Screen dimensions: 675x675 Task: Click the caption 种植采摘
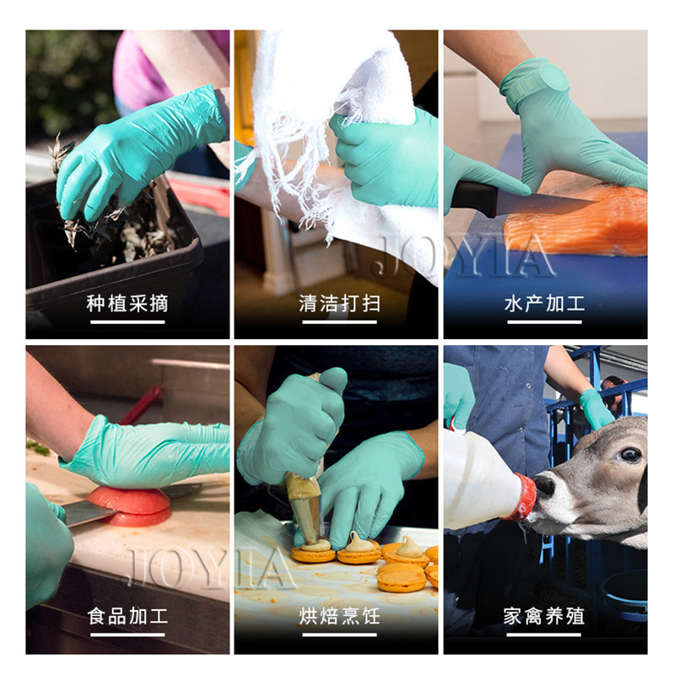point(127,304)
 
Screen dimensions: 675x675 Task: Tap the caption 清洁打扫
point(340,304)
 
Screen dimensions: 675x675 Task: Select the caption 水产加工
point(544,304)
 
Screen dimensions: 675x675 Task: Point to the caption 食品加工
point(127,616)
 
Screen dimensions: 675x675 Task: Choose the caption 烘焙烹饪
point(340,616)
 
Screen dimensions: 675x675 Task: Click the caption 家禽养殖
point(544,616)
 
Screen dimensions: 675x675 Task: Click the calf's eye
point(630,455)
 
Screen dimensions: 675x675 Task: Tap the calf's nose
point(544,484)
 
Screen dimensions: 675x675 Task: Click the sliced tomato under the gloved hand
point(130,505)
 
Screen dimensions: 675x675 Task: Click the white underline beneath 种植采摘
point(127,322)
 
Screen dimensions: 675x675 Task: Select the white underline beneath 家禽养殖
point(544,634)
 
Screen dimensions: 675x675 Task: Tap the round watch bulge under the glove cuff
point(554,78)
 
